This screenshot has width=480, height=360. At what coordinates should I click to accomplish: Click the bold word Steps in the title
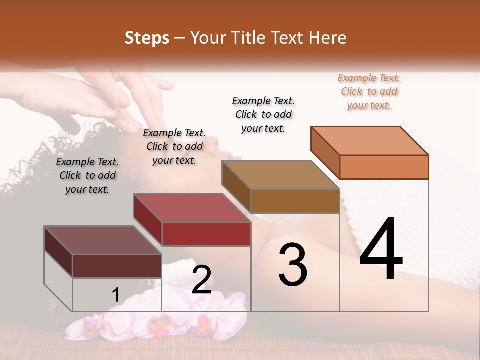coord(147,38)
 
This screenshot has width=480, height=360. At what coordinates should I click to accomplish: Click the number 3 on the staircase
coord(293,265)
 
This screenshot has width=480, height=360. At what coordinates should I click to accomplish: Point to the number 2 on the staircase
coord(201,280)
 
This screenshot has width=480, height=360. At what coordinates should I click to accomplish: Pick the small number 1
coord(115,295)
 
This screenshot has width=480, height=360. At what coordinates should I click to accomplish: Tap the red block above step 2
coord(192,220)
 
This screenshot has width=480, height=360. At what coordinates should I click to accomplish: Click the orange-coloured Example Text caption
coord(369,91)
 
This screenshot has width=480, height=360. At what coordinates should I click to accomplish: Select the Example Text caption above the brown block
coord(264,114)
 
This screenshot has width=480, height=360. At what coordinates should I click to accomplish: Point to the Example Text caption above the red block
coord(174,146)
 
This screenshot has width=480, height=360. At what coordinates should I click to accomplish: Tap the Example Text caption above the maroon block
coord(87,175)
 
